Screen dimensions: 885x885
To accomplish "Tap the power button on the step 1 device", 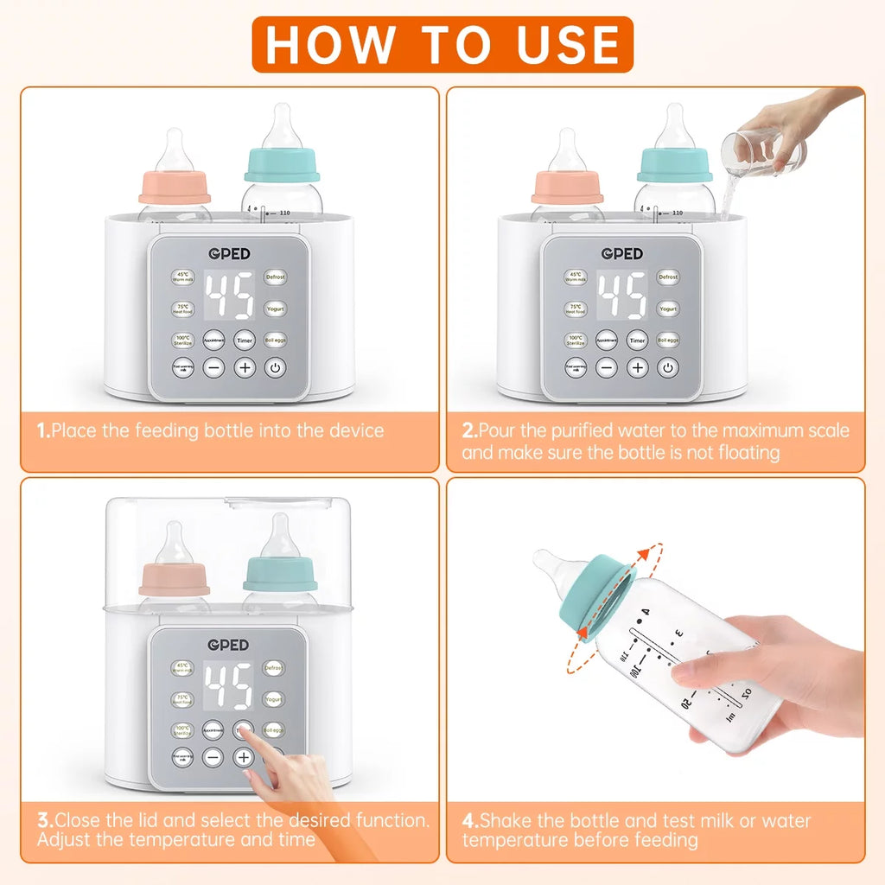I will (275, 367).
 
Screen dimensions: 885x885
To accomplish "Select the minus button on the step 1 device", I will (213, 367).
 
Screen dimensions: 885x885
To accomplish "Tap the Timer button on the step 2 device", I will (637, 341).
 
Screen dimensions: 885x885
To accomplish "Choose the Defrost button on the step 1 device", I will (275, 277).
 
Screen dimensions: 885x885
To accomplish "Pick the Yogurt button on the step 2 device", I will (668, 309).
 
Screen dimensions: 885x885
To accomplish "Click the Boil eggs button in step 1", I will (275, 340).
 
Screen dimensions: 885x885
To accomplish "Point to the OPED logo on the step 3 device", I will (228, 645).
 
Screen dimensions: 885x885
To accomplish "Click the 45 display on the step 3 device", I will (228, 686).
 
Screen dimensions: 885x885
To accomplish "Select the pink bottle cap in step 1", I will (175, 187).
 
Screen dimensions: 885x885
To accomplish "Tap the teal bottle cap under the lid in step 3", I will (279, 574).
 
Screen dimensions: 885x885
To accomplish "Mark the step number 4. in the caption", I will (470, 821).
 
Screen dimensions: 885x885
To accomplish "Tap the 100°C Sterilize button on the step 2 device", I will (576, 341).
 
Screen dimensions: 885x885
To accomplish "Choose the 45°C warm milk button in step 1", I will (182, 277).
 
